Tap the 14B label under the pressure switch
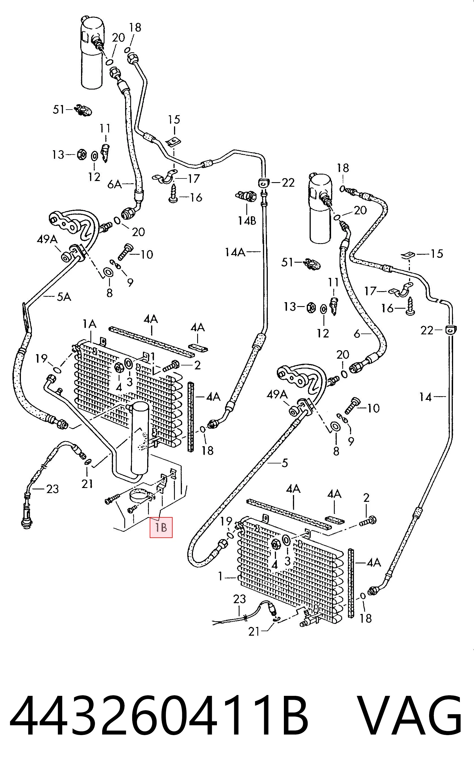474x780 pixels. (247, 220)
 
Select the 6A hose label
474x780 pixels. (115, 184)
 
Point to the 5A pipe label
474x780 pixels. (64, 297)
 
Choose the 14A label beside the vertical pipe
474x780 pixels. (235, 252)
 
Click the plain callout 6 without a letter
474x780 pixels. (357, 334)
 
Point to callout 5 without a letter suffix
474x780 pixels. (284, 463)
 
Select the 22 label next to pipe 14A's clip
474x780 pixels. (288, 183)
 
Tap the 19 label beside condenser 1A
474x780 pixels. (42, 359)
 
